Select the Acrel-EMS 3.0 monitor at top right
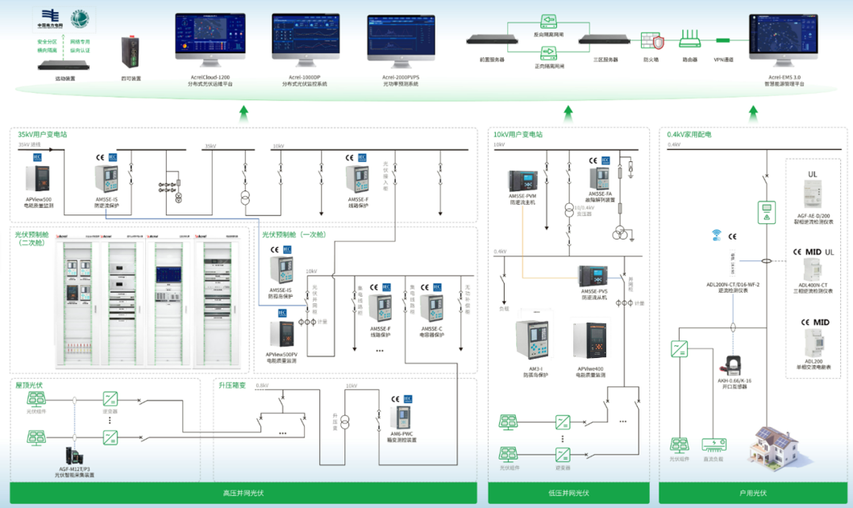(x=783, y=34)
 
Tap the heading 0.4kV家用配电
(x=689, y=135)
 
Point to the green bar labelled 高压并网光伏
(x=243, y=493)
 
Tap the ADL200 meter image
(x=817, y=342)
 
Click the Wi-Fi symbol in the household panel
(x=715, y=236)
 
